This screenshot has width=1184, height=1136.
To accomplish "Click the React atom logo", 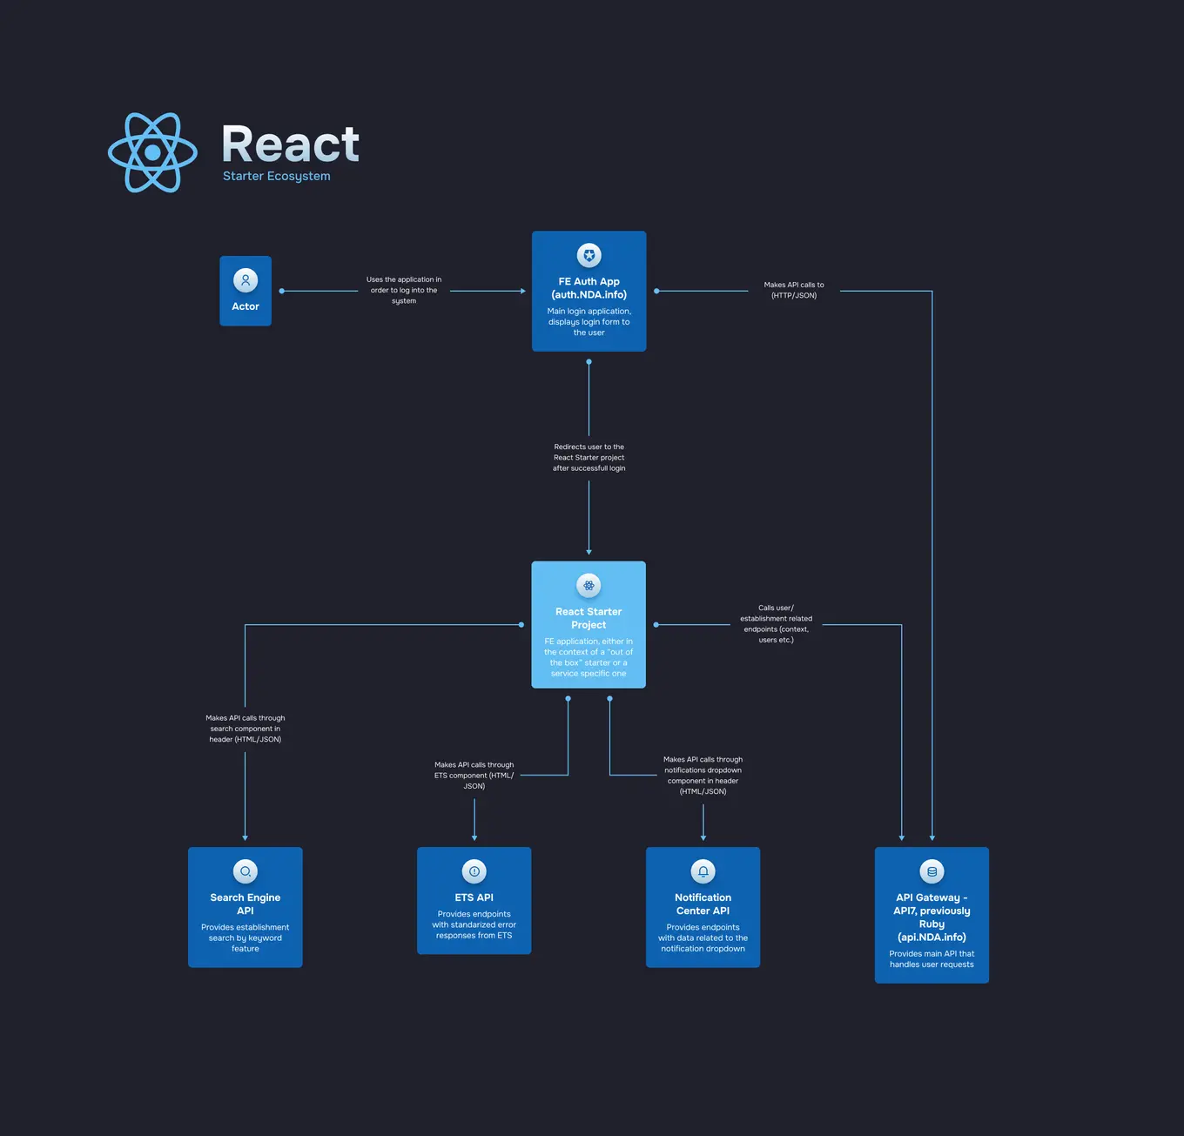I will tap(152, 152).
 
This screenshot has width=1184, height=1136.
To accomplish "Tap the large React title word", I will tap(290, 145).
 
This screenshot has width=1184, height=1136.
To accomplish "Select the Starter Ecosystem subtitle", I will tap(276, 176).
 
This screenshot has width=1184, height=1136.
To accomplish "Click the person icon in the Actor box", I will tap(246, 280).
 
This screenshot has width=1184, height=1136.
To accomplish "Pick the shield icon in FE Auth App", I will tap(589, 255).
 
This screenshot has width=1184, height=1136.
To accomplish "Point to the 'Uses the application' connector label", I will tap(404, 291).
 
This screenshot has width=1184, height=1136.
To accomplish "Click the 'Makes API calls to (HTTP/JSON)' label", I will tap(794, 291).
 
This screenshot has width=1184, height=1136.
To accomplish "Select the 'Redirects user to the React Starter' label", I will tap(589, 458).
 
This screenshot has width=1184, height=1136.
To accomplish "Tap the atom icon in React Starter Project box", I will tap(589, 585).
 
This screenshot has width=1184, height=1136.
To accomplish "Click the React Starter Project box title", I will tap(589, 618).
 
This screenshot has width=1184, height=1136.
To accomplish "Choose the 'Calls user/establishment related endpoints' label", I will tap(776, 624).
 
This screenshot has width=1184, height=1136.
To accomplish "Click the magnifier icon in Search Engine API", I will tap(246, 871).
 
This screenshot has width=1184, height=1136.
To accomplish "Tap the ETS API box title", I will tap(474, 897).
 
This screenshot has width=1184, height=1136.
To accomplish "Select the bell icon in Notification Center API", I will tap(703, 871).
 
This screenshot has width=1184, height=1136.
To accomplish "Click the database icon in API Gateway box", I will tap(932, 871).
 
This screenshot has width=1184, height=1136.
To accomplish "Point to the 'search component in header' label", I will tap(246, 729).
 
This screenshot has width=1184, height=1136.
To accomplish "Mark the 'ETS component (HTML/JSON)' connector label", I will tap(474, 776).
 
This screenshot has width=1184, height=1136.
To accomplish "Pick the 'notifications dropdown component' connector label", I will tap(703, 776).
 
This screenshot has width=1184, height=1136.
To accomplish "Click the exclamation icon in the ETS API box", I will tap(474, 871).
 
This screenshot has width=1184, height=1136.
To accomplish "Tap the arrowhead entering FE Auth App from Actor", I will tap(522, 291).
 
